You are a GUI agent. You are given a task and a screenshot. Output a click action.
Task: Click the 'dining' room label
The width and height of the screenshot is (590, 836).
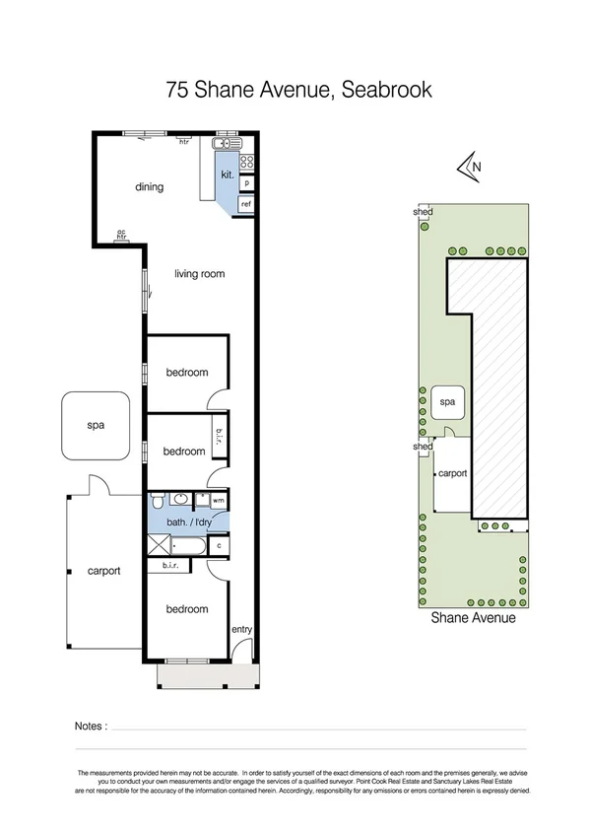coord(149,187)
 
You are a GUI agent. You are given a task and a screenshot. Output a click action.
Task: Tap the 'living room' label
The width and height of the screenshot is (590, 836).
coord(201,274)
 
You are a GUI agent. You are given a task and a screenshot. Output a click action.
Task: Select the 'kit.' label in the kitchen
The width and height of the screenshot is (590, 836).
coord(227,174)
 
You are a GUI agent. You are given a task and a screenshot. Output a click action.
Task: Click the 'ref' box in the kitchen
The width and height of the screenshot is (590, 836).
coord(246,203)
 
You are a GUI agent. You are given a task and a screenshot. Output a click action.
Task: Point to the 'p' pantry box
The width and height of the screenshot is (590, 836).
coord(246,183)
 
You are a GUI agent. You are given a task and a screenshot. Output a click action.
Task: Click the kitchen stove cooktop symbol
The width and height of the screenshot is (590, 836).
coord(246,162)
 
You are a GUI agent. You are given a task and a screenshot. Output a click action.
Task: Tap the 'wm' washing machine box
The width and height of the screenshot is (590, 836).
coord(218,501)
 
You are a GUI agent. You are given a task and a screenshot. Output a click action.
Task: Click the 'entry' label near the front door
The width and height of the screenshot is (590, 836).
coord(241,629)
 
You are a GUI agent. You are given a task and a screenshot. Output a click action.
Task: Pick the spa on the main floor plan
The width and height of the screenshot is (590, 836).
coord(96,426)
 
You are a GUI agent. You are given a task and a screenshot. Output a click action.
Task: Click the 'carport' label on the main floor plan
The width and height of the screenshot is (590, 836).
coord(103,571)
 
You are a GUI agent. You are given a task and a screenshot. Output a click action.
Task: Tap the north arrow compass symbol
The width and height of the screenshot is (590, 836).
coord(469,169)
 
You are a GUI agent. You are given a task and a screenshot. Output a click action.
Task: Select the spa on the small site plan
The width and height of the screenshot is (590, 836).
coord(447,403)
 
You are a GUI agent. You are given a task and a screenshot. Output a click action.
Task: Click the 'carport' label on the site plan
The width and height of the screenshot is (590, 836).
coord(451,473)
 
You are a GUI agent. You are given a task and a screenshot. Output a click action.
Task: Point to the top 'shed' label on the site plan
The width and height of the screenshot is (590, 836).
coord(423,211)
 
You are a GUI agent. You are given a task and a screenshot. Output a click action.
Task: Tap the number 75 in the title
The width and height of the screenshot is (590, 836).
coord(177,91)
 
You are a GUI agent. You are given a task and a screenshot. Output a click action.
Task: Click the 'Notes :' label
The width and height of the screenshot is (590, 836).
coord(91,726)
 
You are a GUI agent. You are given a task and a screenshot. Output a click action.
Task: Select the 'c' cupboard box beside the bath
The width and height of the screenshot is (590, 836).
coord(218,544)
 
